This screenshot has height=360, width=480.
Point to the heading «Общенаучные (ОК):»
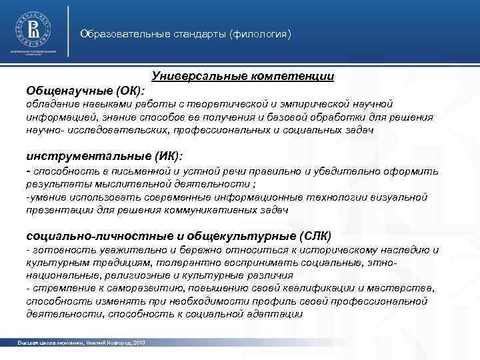[86, 90]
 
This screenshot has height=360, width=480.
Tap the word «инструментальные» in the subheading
[79, 157]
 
